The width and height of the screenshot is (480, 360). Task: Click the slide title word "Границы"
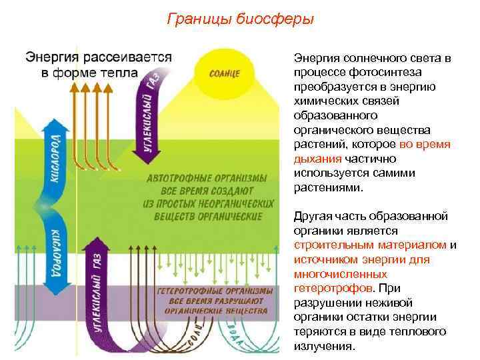tap(197, 18)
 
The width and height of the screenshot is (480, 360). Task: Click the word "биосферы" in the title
tap(274, 18)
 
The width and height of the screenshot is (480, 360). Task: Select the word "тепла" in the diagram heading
tap(121, 71)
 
